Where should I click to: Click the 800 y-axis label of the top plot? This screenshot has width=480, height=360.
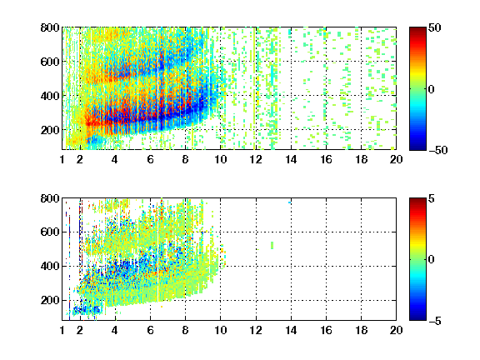click(50, 27)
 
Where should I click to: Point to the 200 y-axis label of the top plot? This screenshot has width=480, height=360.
click(50, 130)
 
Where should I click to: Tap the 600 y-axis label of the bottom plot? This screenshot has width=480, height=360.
click(50, 232)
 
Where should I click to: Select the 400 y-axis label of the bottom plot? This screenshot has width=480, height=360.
click(50, 266)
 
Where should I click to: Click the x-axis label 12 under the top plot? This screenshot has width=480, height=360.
click(256, 159)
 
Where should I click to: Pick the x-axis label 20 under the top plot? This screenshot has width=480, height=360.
click(396, 159)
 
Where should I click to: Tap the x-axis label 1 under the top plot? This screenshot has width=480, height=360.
click(62, 159)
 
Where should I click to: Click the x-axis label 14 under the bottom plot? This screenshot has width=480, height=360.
click(291, 330)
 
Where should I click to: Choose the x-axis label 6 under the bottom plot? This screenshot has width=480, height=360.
click(150, 330)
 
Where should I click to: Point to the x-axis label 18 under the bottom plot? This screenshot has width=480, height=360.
click(361, 330)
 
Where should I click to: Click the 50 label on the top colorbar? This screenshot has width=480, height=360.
click(434, 27)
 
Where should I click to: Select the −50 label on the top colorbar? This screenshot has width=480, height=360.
click(437, 150)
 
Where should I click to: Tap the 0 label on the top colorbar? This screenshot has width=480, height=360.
click(431, 89)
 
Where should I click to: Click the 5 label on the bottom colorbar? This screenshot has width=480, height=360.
click(431, 198)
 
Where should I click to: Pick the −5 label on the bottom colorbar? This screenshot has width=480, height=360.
click(435, 321)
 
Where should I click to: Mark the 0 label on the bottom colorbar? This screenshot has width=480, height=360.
click(431, 260)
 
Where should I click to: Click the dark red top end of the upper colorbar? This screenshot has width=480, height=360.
click(417, 29)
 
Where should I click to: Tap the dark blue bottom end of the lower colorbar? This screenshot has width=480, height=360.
click(417, 318)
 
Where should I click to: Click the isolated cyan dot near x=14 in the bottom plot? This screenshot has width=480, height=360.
click(290, 202)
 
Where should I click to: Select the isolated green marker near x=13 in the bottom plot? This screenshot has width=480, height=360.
click(272, 245)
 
